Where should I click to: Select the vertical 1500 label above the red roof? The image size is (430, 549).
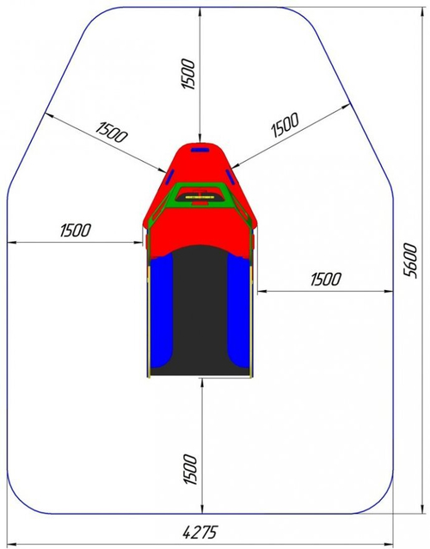pos(190,76)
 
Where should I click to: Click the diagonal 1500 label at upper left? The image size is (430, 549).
pos(112,132)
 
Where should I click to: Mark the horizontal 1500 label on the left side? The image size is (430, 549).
pos(75,230)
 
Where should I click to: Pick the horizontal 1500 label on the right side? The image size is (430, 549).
pos(326,278)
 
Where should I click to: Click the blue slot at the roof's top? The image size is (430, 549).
pos(200,150)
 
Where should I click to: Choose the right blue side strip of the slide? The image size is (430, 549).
pos(238,310)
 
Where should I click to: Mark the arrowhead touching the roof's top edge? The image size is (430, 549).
pos(200,140)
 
